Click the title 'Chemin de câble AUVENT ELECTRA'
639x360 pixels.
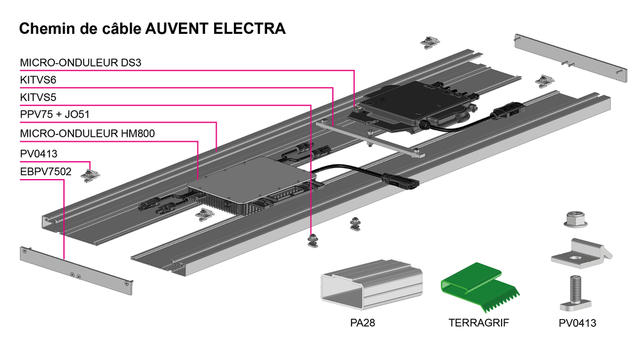coord(152,29)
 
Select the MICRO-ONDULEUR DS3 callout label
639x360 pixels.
coord(81,63)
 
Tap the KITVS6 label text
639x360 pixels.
coord(38,80)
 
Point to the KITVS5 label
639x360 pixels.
coord(38,97)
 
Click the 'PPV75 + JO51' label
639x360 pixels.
coord(54,114)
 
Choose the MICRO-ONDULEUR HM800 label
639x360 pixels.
coord(87,133)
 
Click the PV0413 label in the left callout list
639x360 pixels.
coord(39,153)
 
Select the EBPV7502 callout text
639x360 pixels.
coord(45,171)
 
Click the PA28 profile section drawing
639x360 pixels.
coord(371,284)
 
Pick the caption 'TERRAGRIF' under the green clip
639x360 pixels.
coord(479,323)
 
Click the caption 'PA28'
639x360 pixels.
coord(362,323)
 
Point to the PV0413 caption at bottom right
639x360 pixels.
coord(577,324)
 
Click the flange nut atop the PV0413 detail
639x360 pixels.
coord(576,219)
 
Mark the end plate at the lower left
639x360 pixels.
coord(76,270)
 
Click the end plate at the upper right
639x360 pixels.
coord(571,58)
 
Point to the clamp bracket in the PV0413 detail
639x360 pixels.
coord(581,254)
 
